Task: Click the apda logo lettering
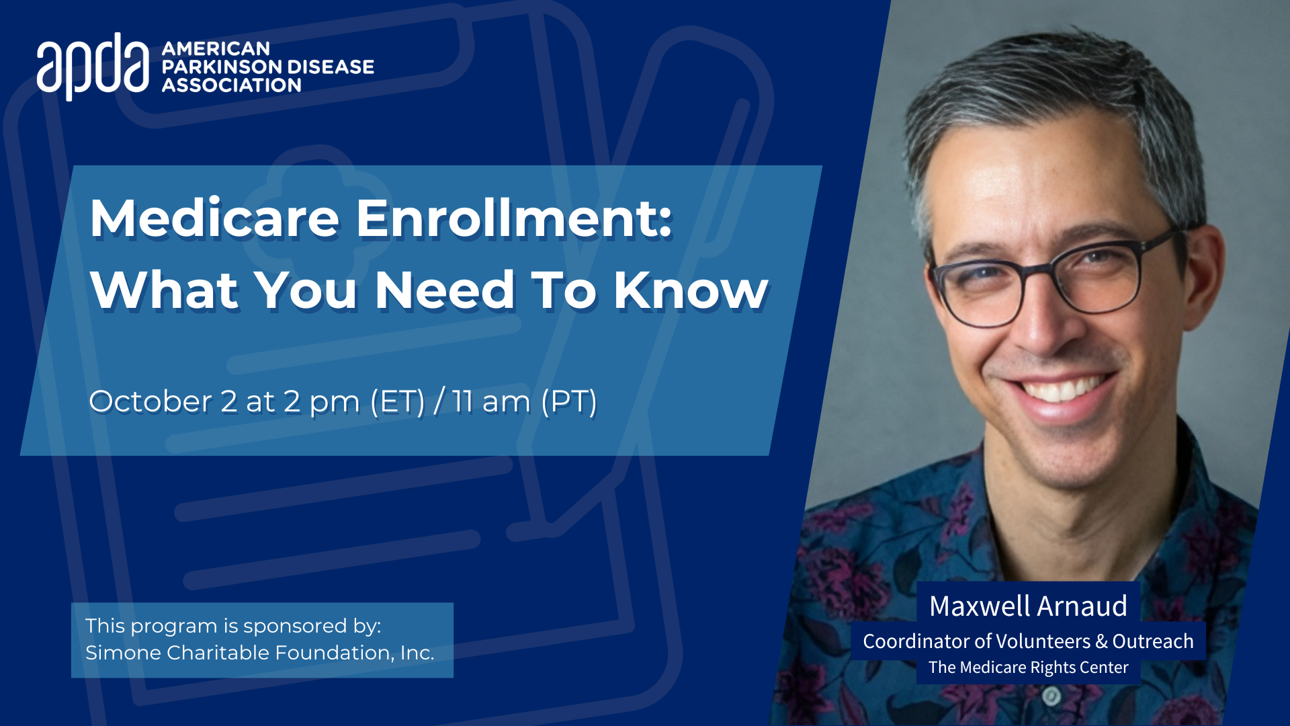point(93,66)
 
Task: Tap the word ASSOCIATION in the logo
point(232,85)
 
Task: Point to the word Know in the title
point(691,290)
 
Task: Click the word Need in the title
point(445,290)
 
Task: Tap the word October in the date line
point(150,401)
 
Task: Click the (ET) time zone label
point(398,401)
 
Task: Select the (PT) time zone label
point(569,401)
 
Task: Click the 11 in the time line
point(462,401)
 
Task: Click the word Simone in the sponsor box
point(123,653)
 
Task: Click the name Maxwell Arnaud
point(1028,606)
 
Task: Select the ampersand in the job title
point(1101,642)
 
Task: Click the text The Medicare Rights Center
point(1029,668)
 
